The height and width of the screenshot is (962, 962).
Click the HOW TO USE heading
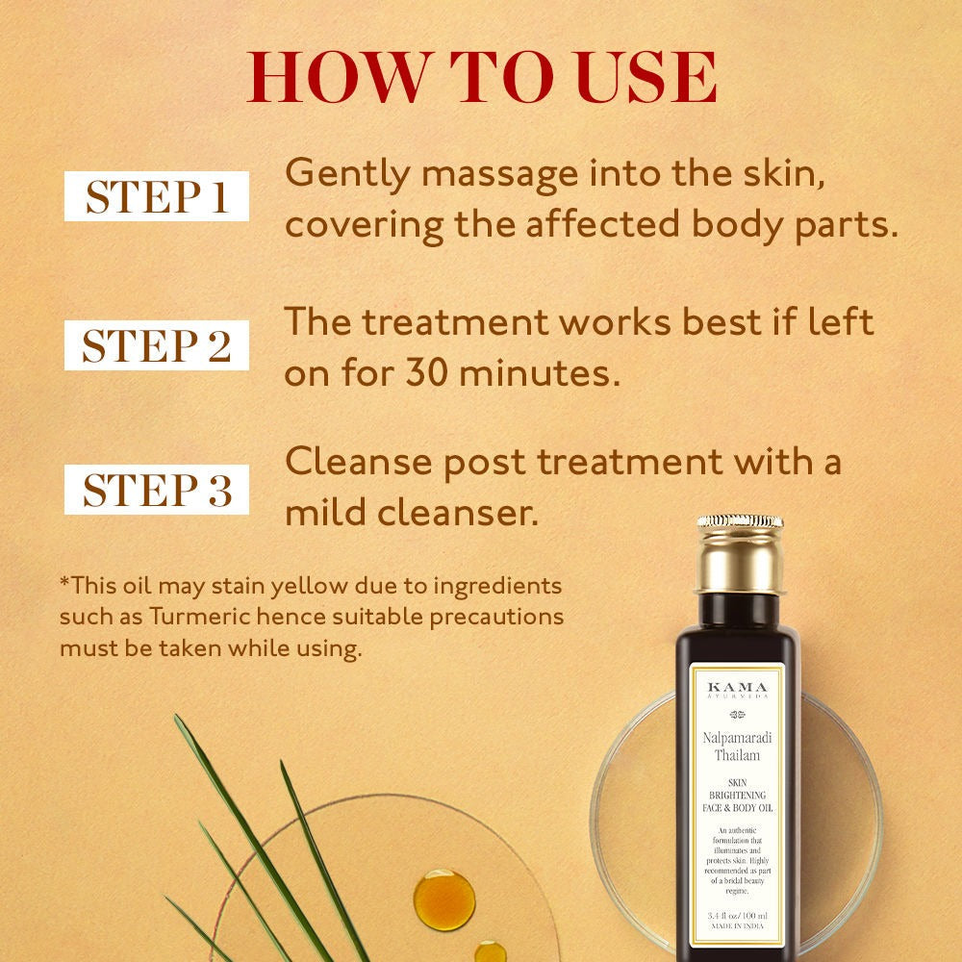point(482,79)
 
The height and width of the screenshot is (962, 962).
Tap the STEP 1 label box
point(157,196)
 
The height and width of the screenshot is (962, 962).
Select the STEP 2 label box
point(157,345)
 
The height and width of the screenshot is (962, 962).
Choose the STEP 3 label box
point(157,489)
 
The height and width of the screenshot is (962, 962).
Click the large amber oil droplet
point(443,899)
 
